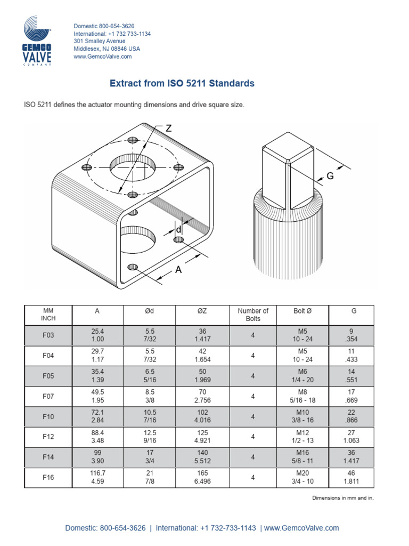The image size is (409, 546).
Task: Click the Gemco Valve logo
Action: click(36, 41)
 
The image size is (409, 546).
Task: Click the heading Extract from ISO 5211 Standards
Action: click(182, 83)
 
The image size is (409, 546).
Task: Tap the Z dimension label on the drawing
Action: click(168, 129)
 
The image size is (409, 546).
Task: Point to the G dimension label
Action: click(330, 176)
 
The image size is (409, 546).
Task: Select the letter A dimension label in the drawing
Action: click(178, 270)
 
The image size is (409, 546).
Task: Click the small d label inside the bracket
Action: click(178, 230)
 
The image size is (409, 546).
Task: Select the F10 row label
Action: click(48, 416)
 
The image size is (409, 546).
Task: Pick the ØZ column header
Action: click(203, 311)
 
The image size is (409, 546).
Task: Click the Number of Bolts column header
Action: click(253, 315)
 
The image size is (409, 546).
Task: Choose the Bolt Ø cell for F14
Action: click(302, 457)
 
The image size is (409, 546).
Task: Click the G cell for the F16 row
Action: click(351, 477)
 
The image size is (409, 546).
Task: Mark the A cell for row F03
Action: click(97, 335)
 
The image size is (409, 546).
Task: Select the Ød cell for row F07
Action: click(150, 396)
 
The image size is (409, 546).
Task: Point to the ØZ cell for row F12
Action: click(203, 437)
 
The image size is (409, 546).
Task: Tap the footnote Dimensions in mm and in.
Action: click(342, 498)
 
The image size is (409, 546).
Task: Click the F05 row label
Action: click(48, 376)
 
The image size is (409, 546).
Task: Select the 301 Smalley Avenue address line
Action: click(100, 41)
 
